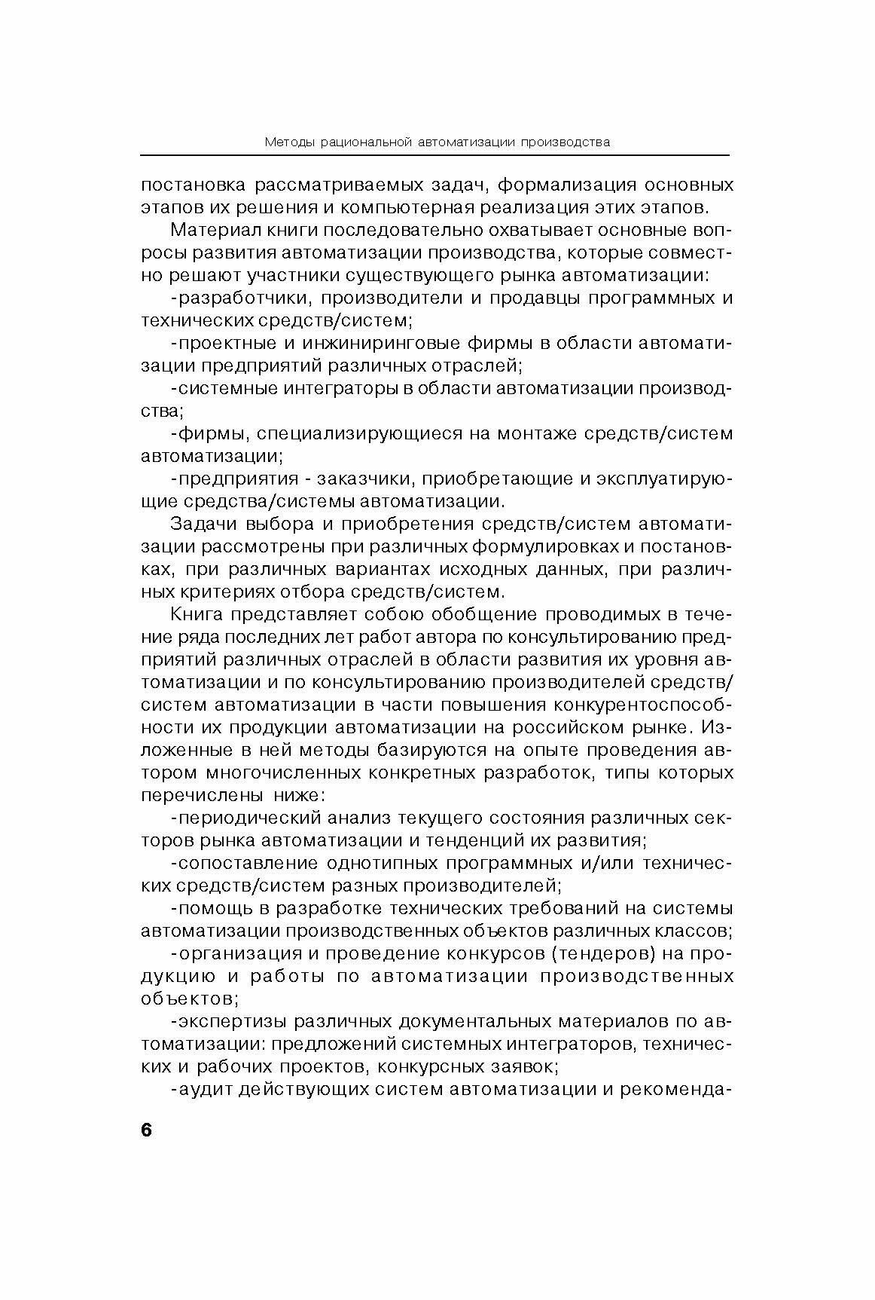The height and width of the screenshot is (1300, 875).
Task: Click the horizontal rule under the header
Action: [x=434, y=156]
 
